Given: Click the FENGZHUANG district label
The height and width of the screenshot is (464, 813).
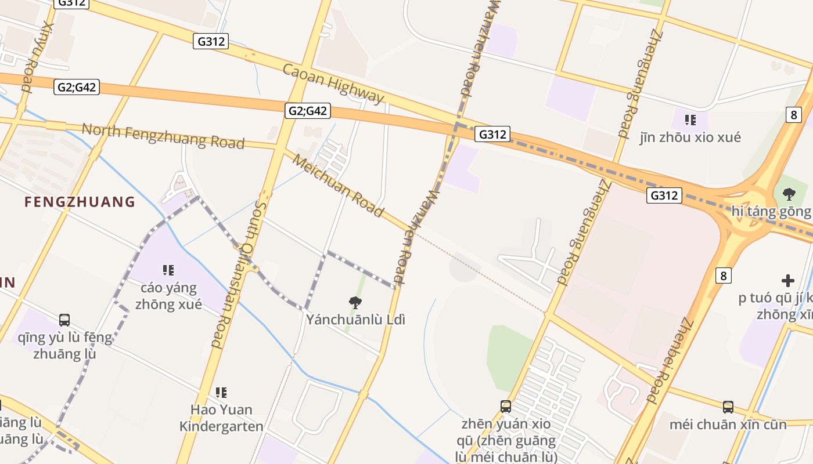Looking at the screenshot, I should click(80, 202).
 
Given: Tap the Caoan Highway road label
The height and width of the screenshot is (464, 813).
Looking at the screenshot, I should click(333, 85).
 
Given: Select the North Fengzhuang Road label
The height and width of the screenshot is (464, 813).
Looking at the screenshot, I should click(163, 136).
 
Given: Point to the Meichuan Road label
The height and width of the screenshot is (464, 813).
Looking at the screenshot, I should click(337, 186).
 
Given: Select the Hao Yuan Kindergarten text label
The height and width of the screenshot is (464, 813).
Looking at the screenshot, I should click(221, 418).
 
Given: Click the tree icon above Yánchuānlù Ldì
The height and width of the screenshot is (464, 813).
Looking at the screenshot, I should click(355, 302).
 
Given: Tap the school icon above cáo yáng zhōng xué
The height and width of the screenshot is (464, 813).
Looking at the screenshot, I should click(168, 270).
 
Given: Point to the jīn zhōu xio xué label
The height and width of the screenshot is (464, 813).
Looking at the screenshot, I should click(690, 137).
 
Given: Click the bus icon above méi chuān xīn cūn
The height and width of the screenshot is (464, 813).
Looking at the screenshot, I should click(728, 407).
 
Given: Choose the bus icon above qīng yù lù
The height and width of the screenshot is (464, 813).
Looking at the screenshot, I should click(64, 320).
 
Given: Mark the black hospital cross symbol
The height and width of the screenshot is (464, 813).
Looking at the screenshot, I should click(787, 281).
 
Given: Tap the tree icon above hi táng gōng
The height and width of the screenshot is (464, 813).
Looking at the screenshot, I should click(789, 194).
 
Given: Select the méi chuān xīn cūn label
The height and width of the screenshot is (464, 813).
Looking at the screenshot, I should click(728, 425).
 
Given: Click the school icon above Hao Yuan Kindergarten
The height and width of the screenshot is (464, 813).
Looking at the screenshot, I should click(221, 393).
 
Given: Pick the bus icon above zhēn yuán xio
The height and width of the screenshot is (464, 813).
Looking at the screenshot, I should click(506, 407).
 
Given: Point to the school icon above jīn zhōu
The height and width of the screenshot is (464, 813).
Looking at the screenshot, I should click(690, 120).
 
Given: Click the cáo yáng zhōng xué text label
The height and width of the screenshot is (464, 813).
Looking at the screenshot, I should click(168, 296).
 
